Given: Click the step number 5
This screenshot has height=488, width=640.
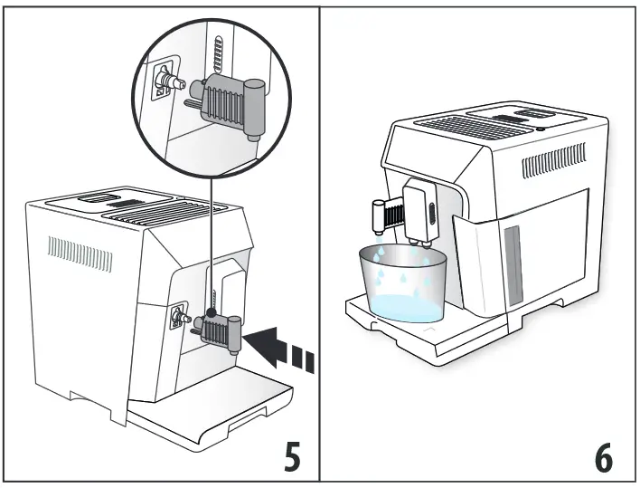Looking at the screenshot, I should tap(291, 457).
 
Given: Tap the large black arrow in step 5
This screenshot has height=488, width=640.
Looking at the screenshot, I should tap(285, 349).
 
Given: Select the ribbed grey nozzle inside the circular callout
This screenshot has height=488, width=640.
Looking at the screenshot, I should tap(226, 100).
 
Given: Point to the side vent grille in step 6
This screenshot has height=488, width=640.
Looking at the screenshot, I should tap(553, 165).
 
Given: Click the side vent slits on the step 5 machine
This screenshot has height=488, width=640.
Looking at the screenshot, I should tap(80, 254).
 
